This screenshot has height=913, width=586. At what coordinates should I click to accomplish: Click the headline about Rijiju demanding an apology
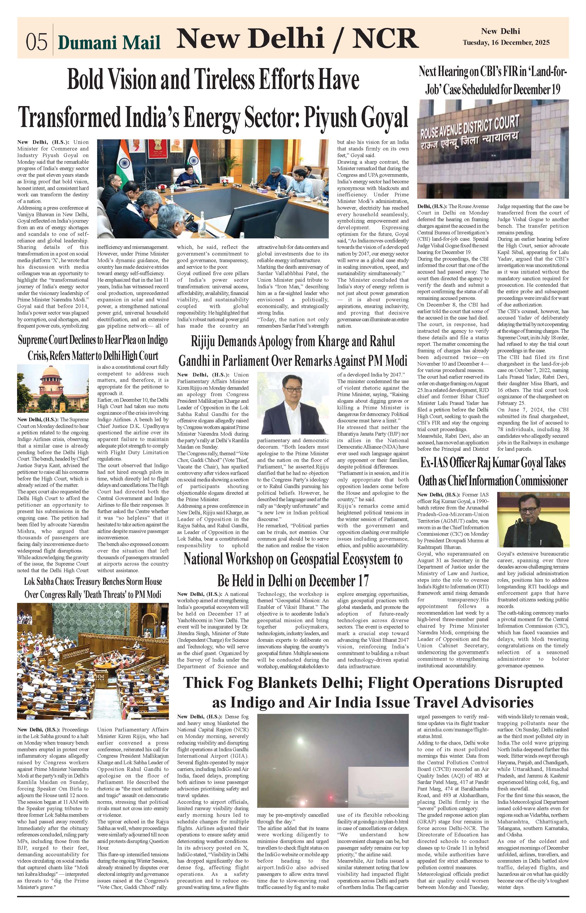[293, 350]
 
